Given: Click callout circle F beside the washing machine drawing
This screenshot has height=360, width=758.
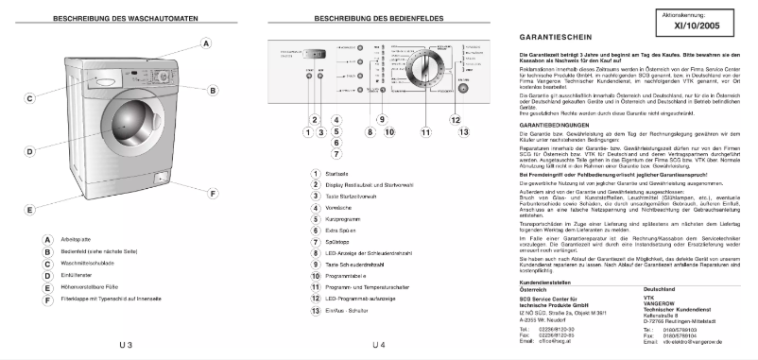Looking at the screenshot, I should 213,193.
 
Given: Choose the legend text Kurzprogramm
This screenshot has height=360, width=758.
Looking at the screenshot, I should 344,218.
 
